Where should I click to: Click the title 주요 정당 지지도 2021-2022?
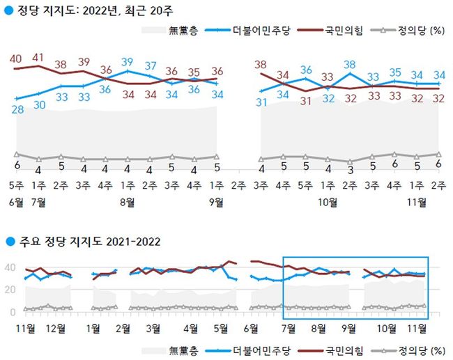tap(87, 242)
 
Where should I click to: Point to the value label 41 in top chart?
tap(39, 57)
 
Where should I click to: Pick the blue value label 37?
tap(150, 66)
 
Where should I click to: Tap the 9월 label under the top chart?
tap(217, 203)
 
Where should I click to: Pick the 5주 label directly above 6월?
tap(16, 187)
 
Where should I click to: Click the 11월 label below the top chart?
tap(416, 203)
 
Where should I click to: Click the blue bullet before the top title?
tap(8, 10)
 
